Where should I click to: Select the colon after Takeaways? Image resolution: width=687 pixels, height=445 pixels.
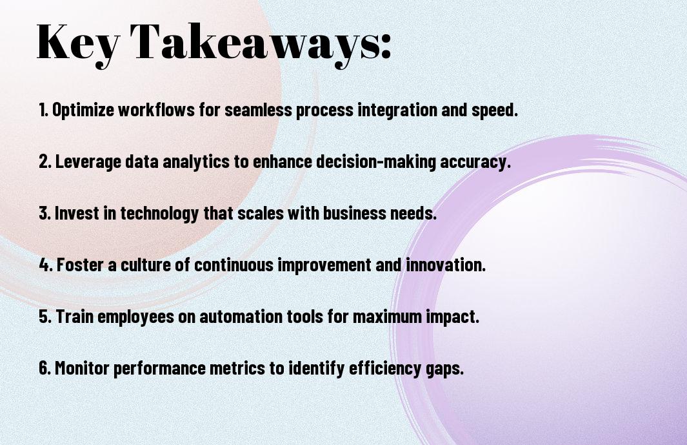pos(386,47)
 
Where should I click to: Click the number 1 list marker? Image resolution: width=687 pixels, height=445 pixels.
pos(43,109)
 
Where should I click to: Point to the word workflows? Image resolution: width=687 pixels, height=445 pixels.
pos(156,109)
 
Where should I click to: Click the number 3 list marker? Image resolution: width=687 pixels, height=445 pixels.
pos(45,213)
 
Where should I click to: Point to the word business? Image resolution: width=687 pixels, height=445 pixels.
pos(349,213)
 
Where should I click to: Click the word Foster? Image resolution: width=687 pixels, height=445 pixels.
pos(80,265)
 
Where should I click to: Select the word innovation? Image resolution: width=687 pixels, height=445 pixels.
pos(446,265)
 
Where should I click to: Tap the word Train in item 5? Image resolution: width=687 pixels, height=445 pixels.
pos(74,316)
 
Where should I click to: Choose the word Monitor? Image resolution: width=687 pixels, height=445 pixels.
pos(82,367)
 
